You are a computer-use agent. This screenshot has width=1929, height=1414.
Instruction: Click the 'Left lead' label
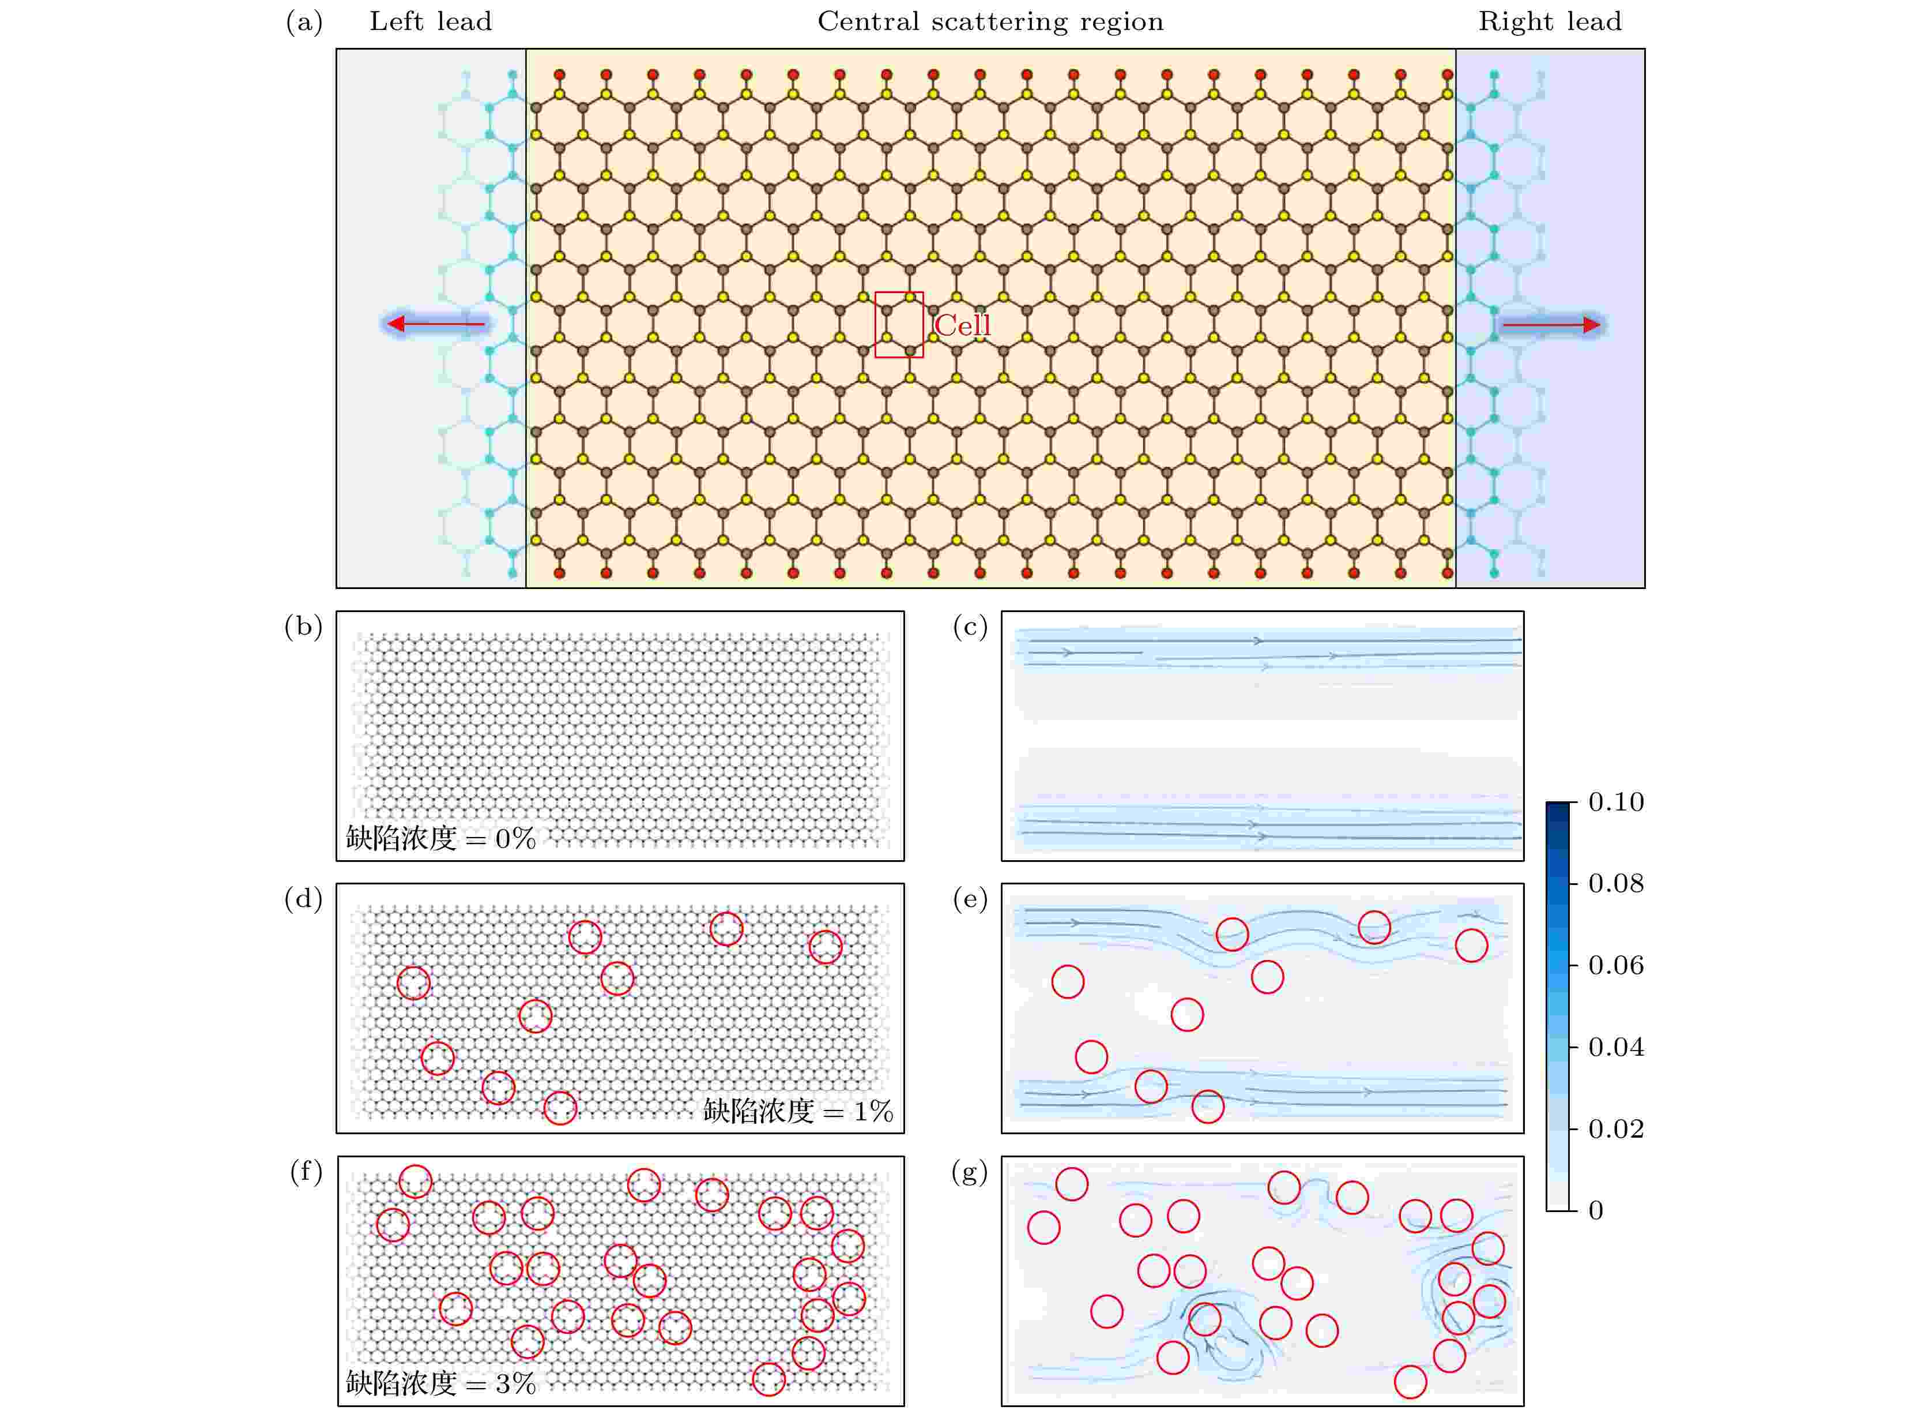430,21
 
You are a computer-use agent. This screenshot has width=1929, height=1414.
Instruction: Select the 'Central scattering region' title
990,21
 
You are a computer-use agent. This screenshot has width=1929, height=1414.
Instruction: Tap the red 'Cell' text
962,325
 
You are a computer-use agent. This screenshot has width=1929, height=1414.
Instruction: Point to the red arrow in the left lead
436,324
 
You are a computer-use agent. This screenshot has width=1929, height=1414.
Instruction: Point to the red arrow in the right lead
1551,324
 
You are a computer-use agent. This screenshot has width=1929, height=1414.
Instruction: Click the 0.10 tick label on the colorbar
1616,802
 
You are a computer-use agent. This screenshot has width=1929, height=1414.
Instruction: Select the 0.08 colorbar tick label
1616,883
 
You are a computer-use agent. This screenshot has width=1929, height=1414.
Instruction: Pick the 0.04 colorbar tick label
1616,1047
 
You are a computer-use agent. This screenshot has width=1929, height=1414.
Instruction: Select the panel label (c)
971,628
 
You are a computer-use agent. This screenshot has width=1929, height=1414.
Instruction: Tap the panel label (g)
970,1172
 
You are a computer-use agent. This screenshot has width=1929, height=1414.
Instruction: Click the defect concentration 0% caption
440,837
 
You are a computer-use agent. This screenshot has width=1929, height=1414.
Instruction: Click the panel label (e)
971,899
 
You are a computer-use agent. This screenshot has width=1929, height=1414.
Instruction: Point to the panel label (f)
306,1171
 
